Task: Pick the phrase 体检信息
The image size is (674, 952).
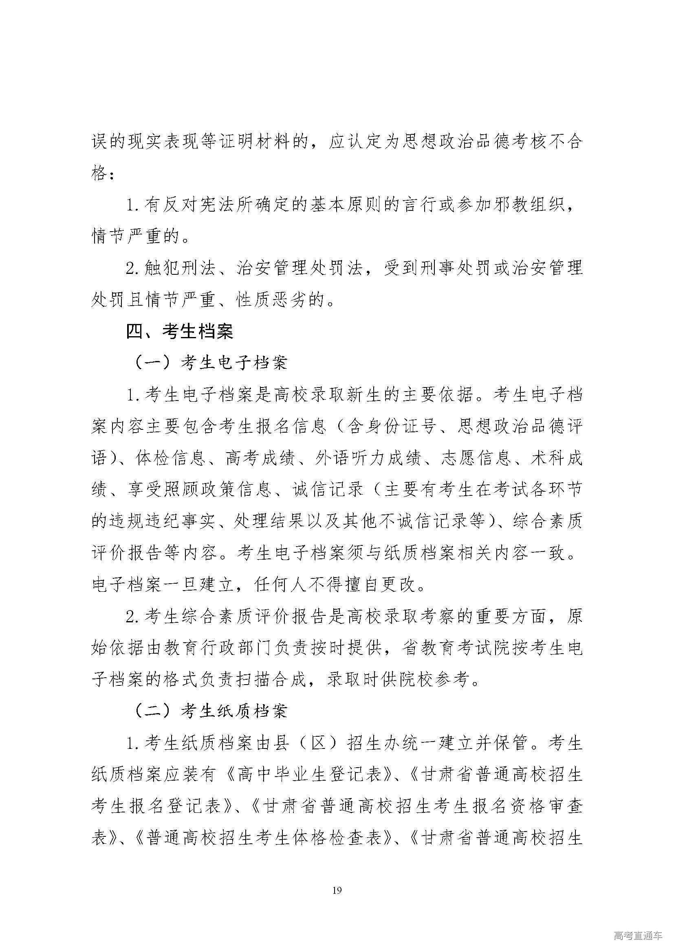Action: [x=170, y=458]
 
